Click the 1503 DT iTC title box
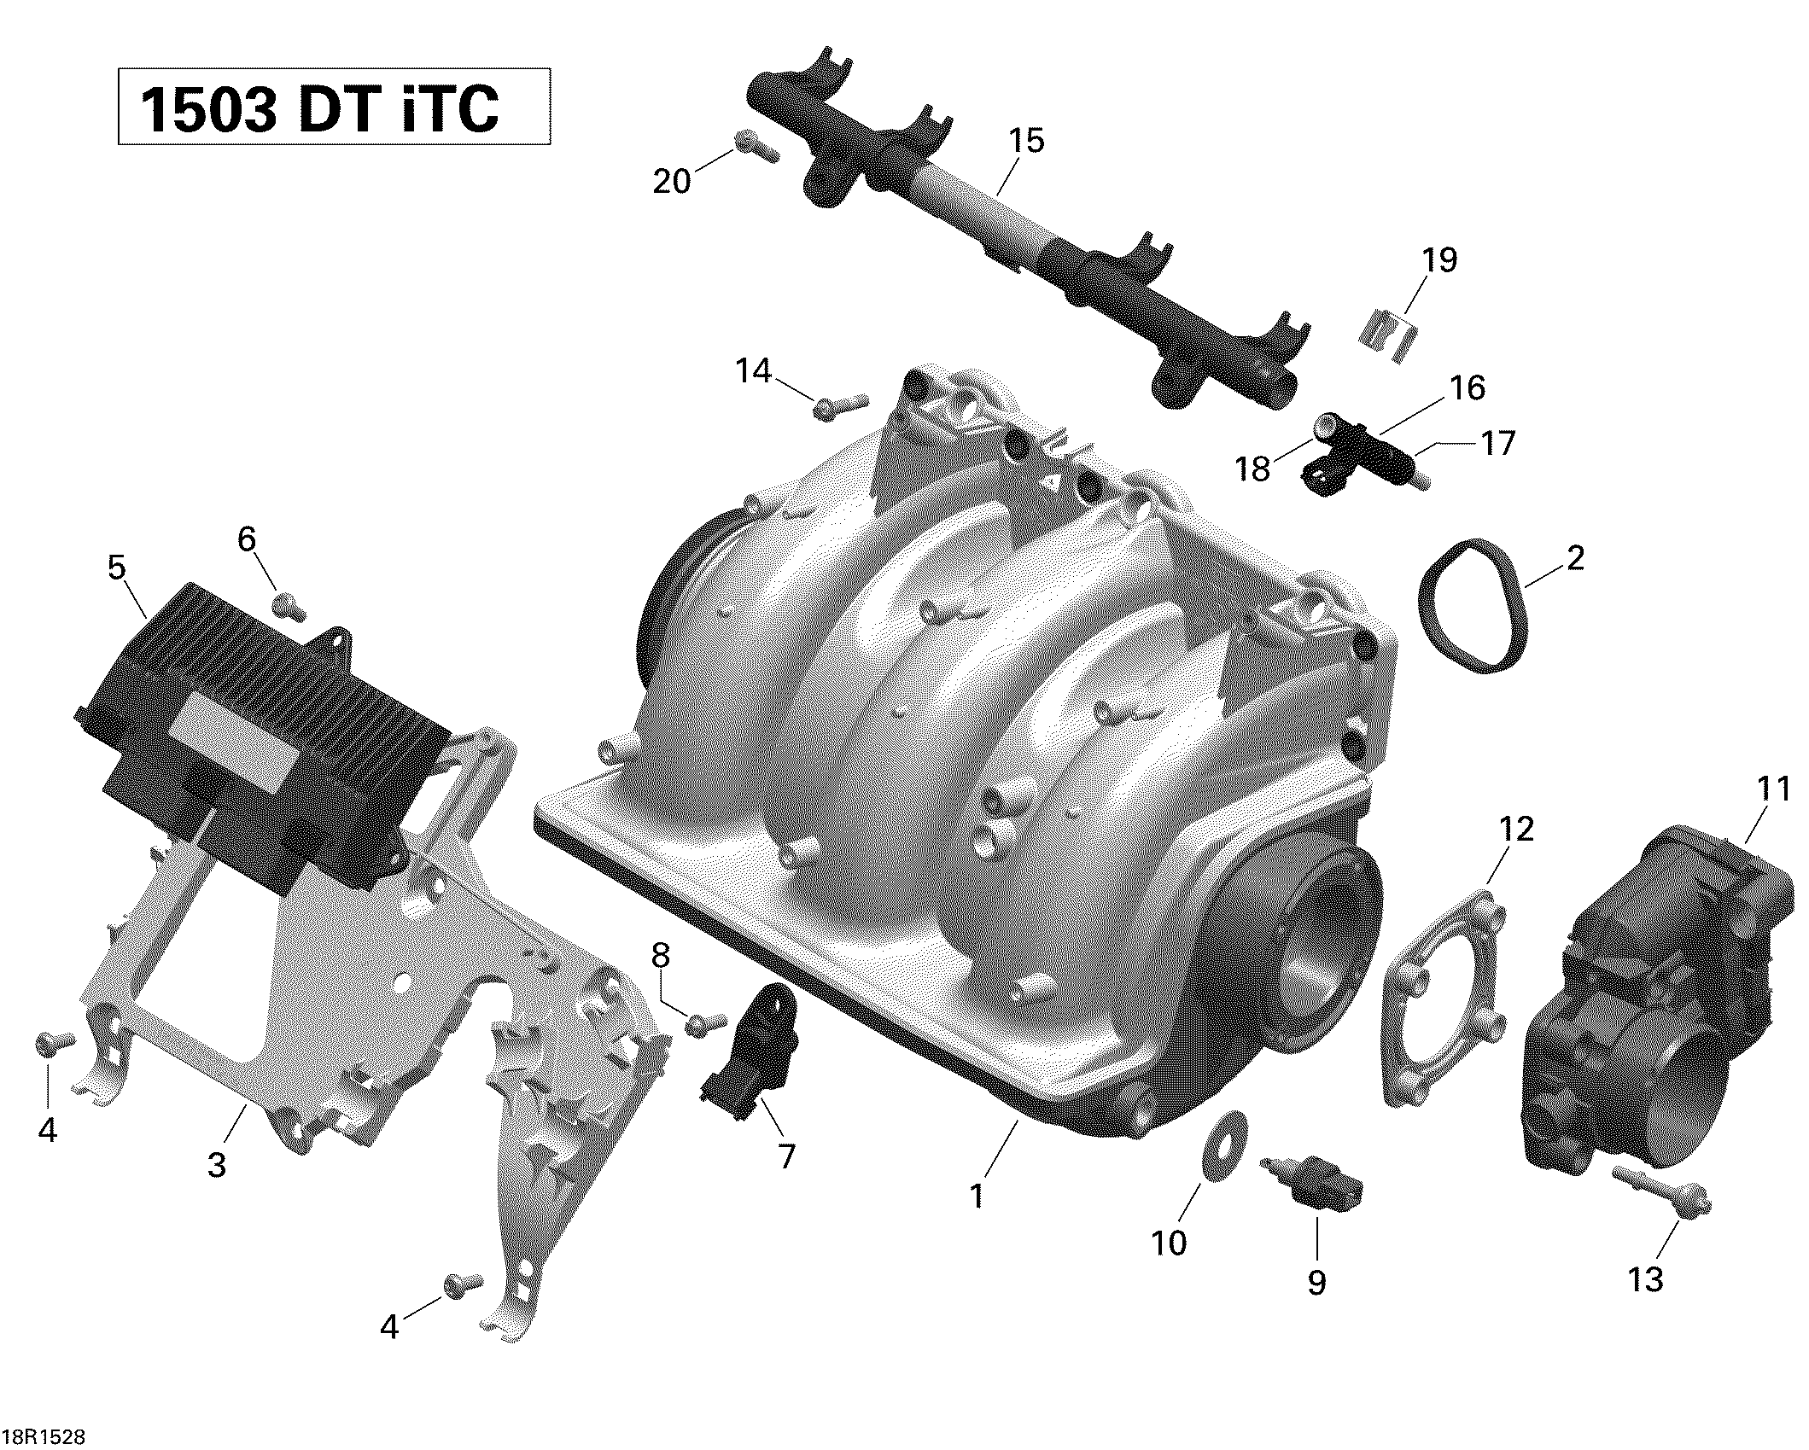pyautogui.click(x=334, y=107)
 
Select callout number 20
pyautogui.click(x=672, y=181)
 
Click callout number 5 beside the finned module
pyautogui.click(x=117, y=568)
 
